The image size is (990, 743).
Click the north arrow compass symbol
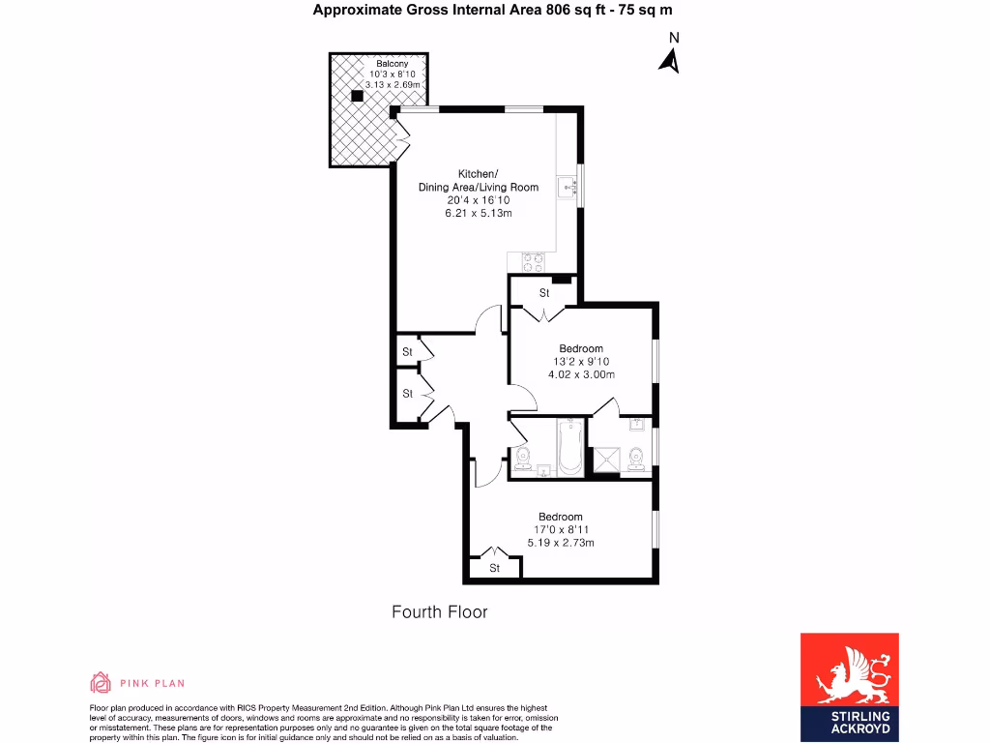point(669,61)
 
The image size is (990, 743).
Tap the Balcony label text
point(393,64)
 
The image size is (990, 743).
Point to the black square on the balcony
point(358,95)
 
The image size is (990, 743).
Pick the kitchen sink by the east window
point(568,188)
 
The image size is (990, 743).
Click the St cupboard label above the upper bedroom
point(544,292)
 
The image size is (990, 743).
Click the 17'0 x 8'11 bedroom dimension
point(560,529)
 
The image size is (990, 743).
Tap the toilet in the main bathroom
point(523,459)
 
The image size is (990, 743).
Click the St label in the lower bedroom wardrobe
point(494,568)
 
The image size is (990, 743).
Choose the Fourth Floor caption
point(439,612)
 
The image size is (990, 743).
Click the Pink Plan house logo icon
point(100,683)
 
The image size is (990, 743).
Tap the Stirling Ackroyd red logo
point(849,687)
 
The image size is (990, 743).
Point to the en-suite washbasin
point(639,425)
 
